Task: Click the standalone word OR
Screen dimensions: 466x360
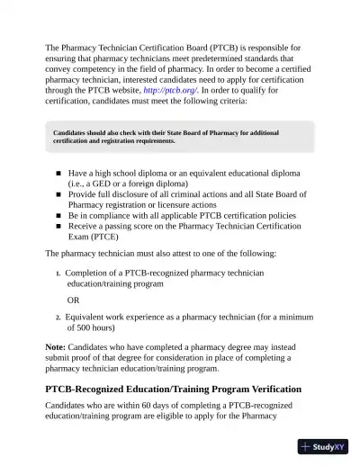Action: coord(75,300)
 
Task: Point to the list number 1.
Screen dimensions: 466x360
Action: coord(58,273)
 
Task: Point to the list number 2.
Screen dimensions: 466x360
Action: coord(58,318)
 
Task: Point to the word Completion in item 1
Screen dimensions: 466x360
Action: coord(92,273)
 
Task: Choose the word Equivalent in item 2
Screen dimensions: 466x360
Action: coord(92,318)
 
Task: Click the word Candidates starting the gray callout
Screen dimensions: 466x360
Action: coord(74,133)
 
